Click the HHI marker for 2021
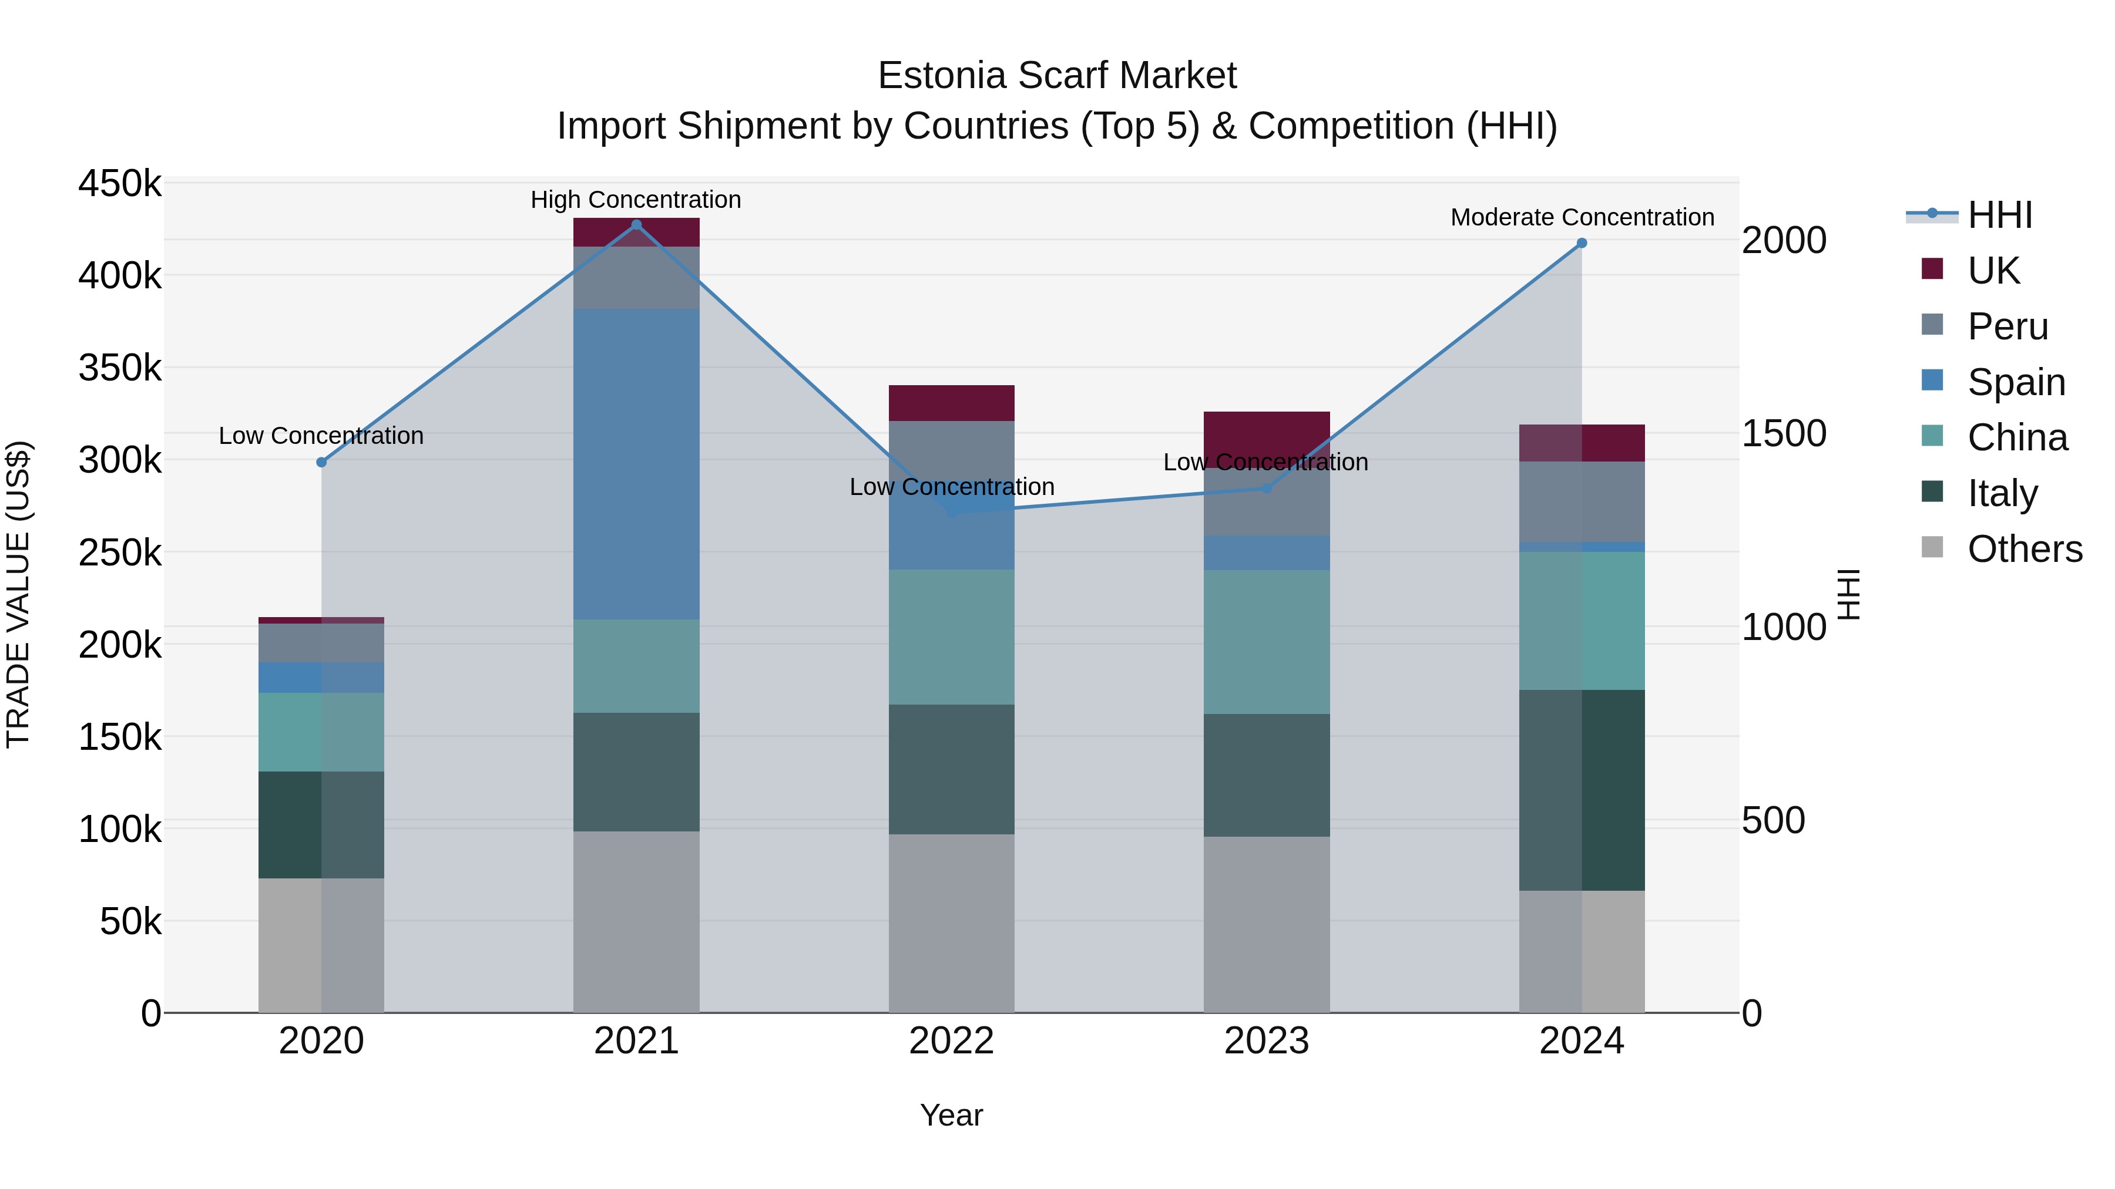636,225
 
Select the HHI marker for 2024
1582,243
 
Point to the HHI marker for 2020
321,462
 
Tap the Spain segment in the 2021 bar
636,464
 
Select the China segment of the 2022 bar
952,636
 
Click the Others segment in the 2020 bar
321,945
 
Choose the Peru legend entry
2007,326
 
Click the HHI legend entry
1999,215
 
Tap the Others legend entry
2024,549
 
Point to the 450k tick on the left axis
120,184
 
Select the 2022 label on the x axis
952,1041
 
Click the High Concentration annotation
636,200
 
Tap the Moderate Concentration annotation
1582,217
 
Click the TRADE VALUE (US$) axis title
19,594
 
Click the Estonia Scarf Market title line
1057,76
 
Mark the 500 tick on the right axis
1774,820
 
